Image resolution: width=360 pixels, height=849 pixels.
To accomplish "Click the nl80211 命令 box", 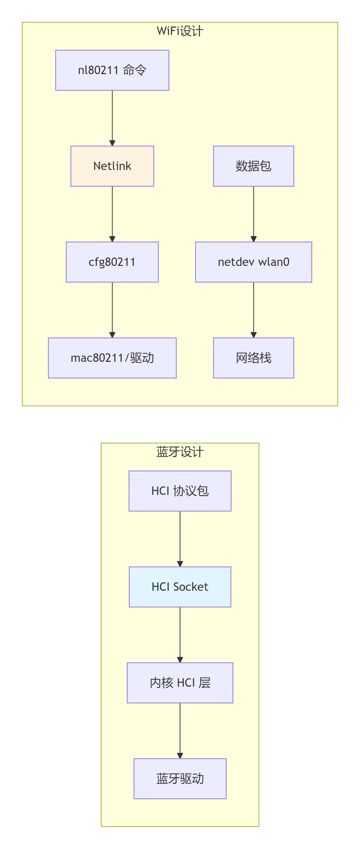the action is coord(112,70).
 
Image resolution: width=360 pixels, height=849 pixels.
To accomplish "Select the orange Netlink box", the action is coord(112,166).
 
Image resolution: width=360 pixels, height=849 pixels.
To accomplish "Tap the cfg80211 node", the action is coord(112,262).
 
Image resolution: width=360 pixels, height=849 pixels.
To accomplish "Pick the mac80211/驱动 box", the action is coord(112,358).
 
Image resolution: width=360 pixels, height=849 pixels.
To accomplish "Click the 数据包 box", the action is coord(254,166).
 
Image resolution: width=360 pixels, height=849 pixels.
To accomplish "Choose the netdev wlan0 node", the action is coord(254,262).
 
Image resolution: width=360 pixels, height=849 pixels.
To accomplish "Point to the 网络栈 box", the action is coord(254,358).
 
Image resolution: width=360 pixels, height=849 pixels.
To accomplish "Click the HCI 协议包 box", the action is coord(180,491).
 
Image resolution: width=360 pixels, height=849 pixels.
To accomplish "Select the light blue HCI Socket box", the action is coord(180,587).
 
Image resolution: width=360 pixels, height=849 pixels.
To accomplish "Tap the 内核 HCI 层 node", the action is coord(180,683).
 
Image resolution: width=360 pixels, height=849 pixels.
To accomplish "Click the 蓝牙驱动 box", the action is coord(180,779).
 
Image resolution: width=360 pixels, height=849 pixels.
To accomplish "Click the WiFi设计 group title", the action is coord(180,31).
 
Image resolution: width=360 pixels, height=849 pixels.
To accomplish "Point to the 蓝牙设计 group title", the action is coord(180,452).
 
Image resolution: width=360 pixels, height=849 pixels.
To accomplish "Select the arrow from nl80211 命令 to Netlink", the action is coord(112,118).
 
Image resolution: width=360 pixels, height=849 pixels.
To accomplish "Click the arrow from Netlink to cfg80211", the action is coord(112,214).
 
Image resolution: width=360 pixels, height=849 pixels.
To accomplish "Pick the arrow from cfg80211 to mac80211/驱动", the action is coord(112,310).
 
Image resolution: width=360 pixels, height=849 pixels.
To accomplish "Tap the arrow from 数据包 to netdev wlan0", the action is coord(254,214).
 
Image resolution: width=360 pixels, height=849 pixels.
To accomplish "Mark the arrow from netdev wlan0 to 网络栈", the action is coord(254,310).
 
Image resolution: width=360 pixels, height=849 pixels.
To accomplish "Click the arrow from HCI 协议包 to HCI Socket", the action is coord(180,539).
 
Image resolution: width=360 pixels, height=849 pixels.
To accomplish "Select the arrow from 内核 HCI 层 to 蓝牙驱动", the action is coord(180,731).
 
